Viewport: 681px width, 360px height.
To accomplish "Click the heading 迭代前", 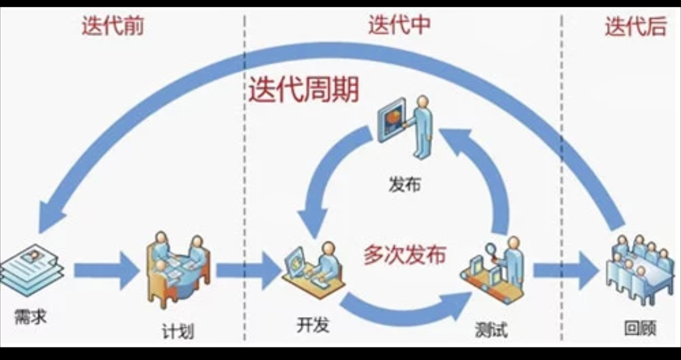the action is pos(112,26).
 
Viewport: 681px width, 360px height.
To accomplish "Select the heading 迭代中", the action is pos(399,25).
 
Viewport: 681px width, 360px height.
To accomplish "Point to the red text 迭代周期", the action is pos(303,90).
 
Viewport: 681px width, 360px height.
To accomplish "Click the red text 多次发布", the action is pos(404,254).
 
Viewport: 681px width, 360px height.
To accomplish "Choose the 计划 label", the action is pos(177,330).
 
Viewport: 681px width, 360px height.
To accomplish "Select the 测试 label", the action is pos(491,330).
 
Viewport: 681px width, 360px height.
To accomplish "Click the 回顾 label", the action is pos(639,328).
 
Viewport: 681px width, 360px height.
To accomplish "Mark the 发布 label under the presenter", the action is pos(404,185).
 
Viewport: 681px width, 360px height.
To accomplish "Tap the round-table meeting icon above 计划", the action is pos(178,268).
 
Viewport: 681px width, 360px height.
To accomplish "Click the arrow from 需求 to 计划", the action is pos(106,271).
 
